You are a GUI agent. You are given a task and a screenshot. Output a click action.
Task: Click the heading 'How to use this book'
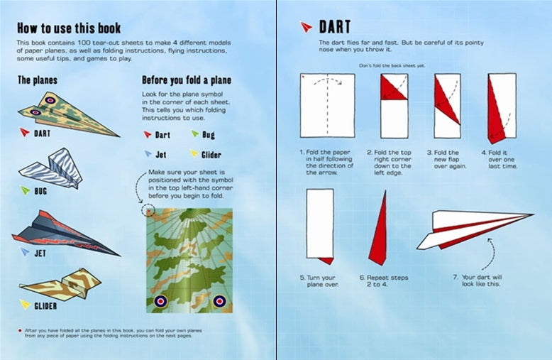coord(69,28)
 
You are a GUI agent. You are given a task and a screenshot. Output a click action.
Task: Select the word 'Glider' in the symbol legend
coord(211,154)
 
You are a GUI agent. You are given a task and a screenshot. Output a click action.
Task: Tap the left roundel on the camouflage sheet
coord(160,302)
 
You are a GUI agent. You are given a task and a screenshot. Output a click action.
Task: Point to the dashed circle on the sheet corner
coord(149,210)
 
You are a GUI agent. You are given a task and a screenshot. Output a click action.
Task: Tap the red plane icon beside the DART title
coord(306,28)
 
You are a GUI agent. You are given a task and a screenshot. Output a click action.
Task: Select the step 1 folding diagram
coord(327,105)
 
